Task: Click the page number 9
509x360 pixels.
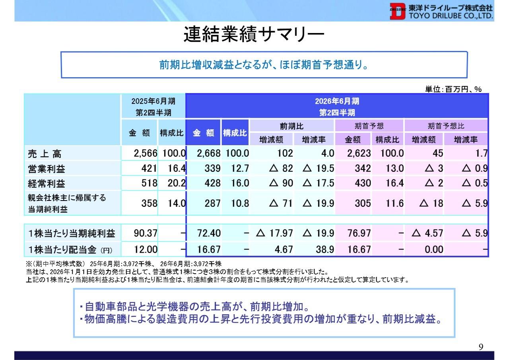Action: point(480,347)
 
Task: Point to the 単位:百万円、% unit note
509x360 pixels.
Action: point(453,90)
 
